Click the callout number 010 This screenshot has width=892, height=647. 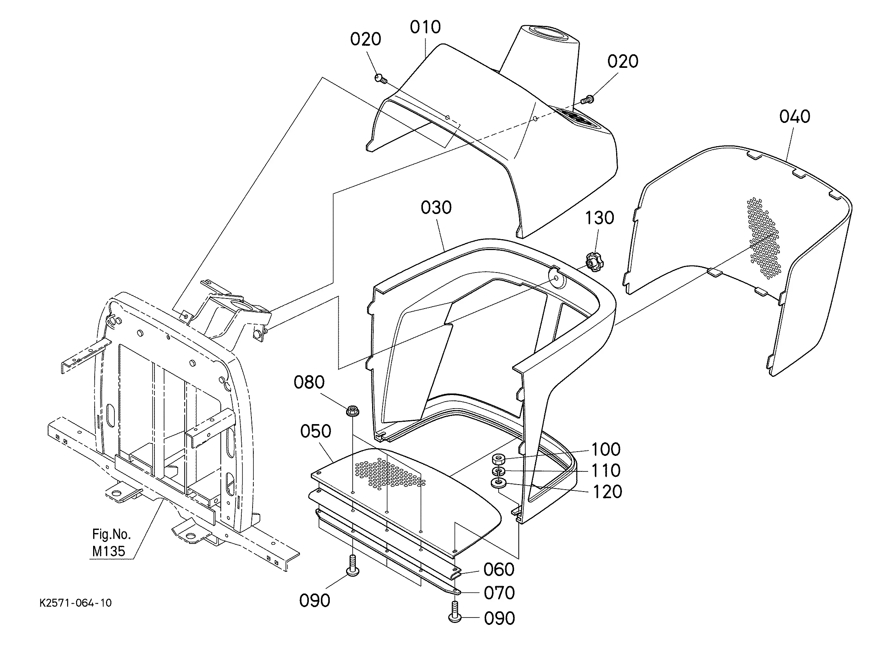(x=425, y=27)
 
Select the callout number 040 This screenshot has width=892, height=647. (x=795, y=116)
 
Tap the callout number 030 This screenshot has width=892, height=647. (x=436, y=207)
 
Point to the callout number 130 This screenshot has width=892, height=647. (x=600, y=218)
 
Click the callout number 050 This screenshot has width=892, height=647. (x=316, y=431)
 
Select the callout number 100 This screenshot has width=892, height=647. (x=606, y=449)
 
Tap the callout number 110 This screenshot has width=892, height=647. (x=606, y=470)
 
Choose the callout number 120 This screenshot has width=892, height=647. (x=607, y=492)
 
